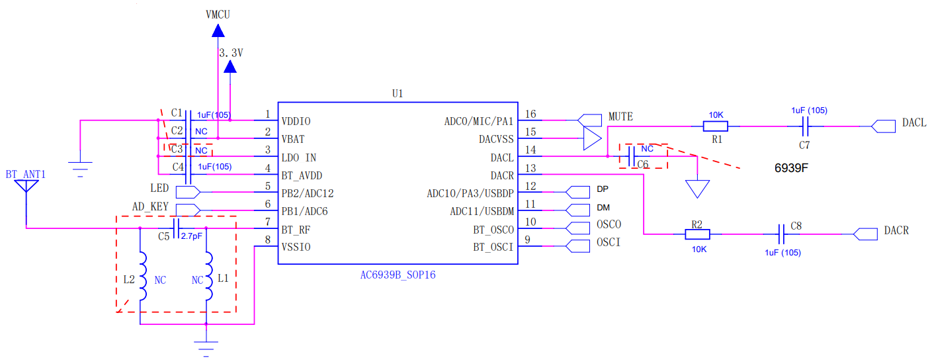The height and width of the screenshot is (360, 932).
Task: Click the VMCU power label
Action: (x=218, y=15)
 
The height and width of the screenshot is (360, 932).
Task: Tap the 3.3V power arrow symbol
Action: (x=230, y=67)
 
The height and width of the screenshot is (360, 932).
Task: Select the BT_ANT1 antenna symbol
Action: (x=26, y=185)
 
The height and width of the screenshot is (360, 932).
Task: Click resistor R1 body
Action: (x=716, y=126)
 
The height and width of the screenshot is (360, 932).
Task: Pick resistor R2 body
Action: (x=697, y=234)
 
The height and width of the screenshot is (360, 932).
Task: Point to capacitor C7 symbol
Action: (x=805, y=126)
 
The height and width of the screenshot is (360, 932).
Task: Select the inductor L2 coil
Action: (x=140, y=276)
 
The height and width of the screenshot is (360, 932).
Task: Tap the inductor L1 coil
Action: (x=207, y=276)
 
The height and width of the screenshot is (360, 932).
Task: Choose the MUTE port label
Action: (x=620, y=116)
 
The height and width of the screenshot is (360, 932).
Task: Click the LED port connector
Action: (x=188, y=192)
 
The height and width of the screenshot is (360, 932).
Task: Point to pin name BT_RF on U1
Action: (x=296, y=230)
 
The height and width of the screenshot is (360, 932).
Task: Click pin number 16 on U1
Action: (x=530, y=114)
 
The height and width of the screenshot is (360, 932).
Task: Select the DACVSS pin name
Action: (x=495, y=140)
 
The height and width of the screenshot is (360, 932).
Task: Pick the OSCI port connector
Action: (x=579, y=247)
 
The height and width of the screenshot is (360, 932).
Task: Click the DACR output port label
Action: (x=896, y=231)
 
